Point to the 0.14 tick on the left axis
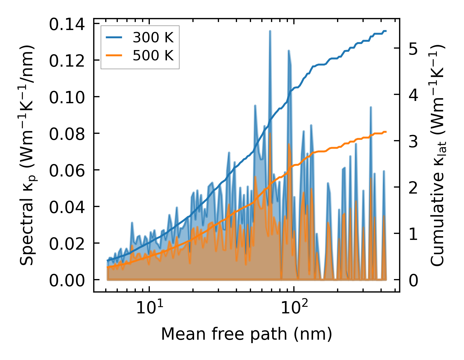click(67, 24)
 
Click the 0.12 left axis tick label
click(67, 61)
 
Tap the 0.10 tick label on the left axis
click(67, 97)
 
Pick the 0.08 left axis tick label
click(67, 134)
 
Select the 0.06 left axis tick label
click(67, 170)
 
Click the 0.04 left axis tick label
click(67, 207)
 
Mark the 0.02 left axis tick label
click(67, 244)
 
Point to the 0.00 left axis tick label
click(67, 280)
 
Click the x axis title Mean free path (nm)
click(246, 334)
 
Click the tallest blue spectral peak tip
click(270, 31)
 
